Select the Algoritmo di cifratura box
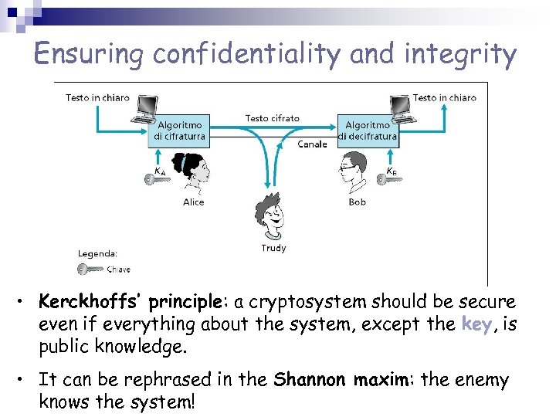[x=179, y=131]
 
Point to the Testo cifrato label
[x=273, y=118]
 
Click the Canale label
[x=312, y=144]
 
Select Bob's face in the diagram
[x=351, y=171]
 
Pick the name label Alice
[x=194, y=202]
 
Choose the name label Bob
[x=357, y=202]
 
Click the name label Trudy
[x=273, y=248]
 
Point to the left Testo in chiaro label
[x=97, y=98]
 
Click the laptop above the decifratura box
[x=400, y=107]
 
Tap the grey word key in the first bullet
[x=476, y=324]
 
